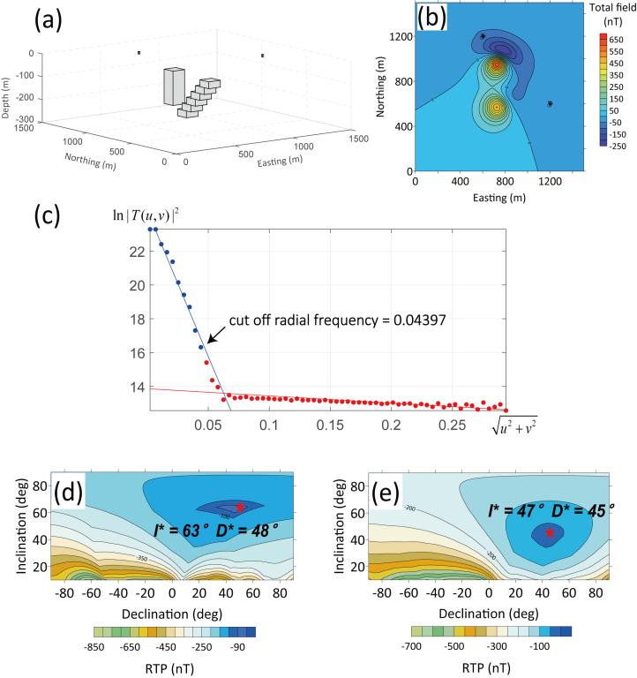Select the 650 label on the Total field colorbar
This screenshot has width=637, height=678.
click(x=615, y=41)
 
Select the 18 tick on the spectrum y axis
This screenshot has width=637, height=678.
click(x=134, y=319)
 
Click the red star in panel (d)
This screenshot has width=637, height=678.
click(x=240, y=508)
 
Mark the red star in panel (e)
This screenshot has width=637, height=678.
click(x=551, y=533)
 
